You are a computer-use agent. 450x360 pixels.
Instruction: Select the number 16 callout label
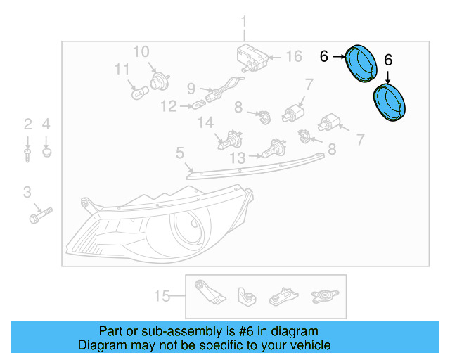(x=292, y=57)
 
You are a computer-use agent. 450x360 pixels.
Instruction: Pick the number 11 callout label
(x=122, y=70)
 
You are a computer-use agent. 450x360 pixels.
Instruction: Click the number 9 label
(x=191, y=89)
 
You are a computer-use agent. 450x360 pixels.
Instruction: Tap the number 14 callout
(x=205, y=123)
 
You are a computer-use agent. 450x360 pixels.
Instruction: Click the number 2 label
(x=27, y=125)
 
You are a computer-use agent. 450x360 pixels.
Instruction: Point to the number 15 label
(x=162, y=296)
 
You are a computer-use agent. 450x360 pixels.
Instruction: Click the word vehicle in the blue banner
(x=307, y=345)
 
